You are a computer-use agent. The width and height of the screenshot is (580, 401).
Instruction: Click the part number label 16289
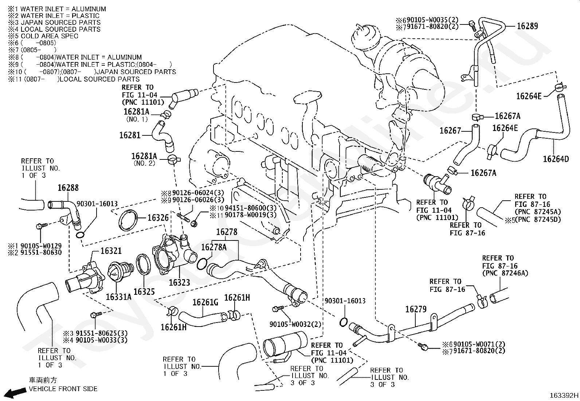pyautogui.click(x=528, y=26)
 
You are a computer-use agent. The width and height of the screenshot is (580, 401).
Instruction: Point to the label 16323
pyautogui.click(x=180, y=282)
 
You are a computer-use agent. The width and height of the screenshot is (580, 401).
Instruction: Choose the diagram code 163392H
pyautogui.click(x=564, y=395)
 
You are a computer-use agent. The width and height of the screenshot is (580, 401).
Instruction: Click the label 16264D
pyautogui.click(x=556, y=159)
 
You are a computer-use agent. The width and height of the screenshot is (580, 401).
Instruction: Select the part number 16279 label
pyautogui.click(x=416, y=309)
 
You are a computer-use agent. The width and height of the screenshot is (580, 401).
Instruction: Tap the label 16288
pyautogui.click(x=68, y=188)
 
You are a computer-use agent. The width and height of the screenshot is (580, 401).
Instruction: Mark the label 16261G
pyautogui.click(x=205, y=302)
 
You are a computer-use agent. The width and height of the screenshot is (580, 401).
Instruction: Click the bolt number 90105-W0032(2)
pyautogui.click(x=295, y=324)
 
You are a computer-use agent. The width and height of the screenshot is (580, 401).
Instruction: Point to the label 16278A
pyautogui.click(x=214, y=247)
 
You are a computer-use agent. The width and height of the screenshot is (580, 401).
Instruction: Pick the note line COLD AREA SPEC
pyautogui.click(x=50, y=36)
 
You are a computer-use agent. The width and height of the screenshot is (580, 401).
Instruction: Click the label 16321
pyautogui.click(x=111, y=251)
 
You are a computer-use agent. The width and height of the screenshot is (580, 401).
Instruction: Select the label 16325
pyautogui.click(x=144, y=292)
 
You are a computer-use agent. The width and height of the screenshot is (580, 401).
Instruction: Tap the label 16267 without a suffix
pyautogui.click(x=450, y=131)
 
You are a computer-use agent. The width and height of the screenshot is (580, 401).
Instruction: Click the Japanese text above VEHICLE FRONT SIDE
pyautogui.click(x=43, y=380)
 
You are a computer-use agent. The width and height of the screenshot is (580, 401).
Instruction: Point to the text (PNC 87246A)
pyautogui.click(x=505, y=273)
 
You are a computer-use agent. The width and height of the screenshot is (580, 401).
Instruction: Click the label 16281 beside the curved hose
pyautogui.click(x=130, y=135)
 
